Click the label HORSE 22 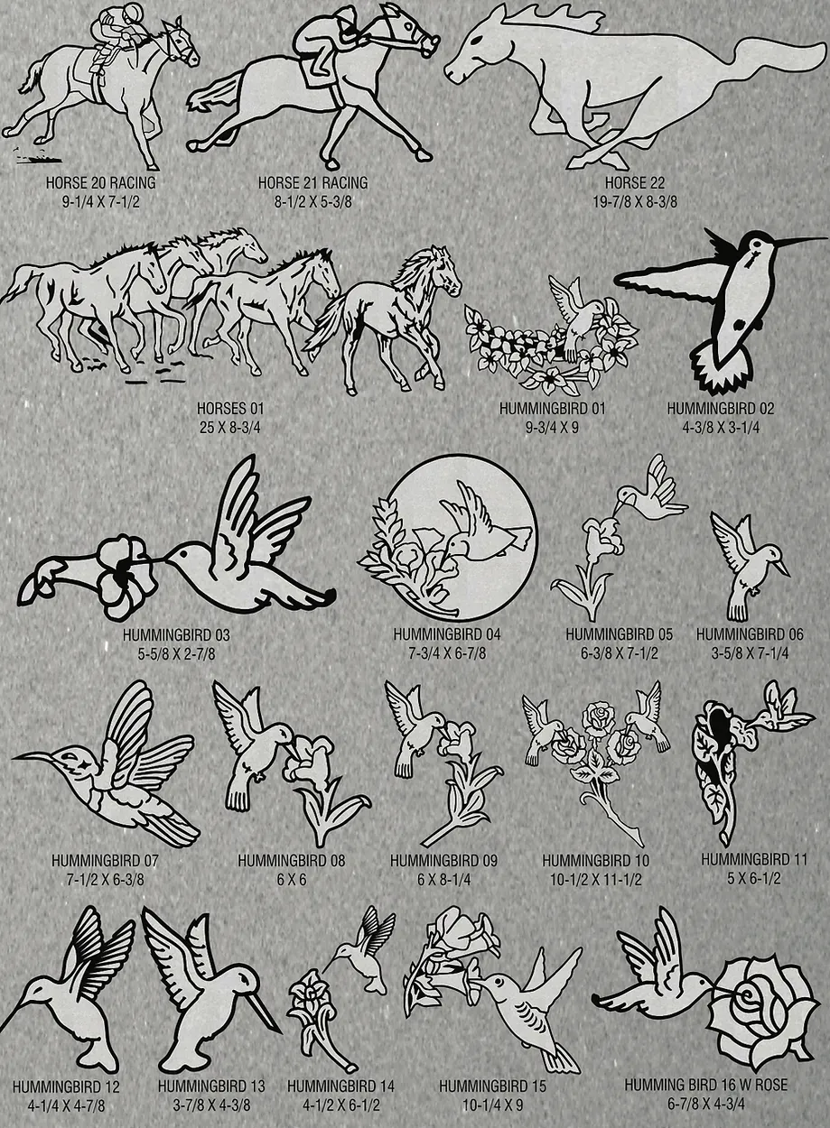[x=635, y=182]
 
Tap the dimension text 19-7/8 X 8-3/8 [x=635, y=202]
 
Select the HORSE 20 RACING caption [x=101, y=182]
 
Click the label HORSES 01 [x=230, y=408]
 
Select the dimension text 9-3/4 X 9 [x=552, y=428]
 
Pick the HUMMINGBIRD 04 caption [x=447, y=634]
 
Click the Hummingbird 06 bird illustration [x=750, y=567]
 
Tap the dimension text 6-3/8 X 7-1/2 [x=620, y=653]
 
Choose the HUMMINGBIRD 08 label [x=292, y=861]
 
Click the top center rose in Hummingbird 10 [x=599, y=715]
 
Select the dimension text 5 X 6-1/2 [x=753, y=879]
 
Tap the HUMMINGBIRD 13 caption [x=211, y=1086]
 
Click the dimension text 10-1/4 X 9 [x=493, y=1105]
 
